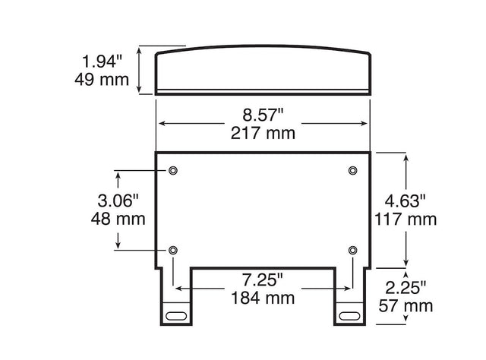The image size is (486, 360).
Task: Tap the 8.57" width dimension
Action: click(x=263, y=115)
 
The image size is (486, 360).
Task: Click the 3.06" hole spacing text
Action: click(x=118, y=201)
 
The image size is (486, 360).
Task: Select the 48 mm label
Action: click(x=118, y=219)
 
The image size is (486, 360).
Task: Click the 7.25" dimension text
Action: click(x=263, y=279)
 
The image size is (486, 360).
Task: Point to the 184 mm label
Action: click(x=263, y=298)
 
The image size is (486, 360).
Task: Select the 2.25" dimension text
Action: click(x=406, y=287)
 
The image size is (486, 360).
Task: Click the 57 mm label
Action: click(x=406, y=305)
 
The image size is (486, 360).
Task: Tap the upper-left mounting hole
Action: click(x=174, y=170)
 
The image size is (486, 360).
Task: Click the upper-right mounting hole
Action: click(x=352, y=170)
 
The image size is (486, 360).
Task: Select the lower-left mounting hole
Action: click(x=174, y=250)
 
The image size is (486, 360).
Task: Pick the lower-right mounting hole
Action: click(x=352, y=250)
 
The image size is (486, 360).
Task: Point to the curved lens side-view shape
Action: click(x=263, y=72)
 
